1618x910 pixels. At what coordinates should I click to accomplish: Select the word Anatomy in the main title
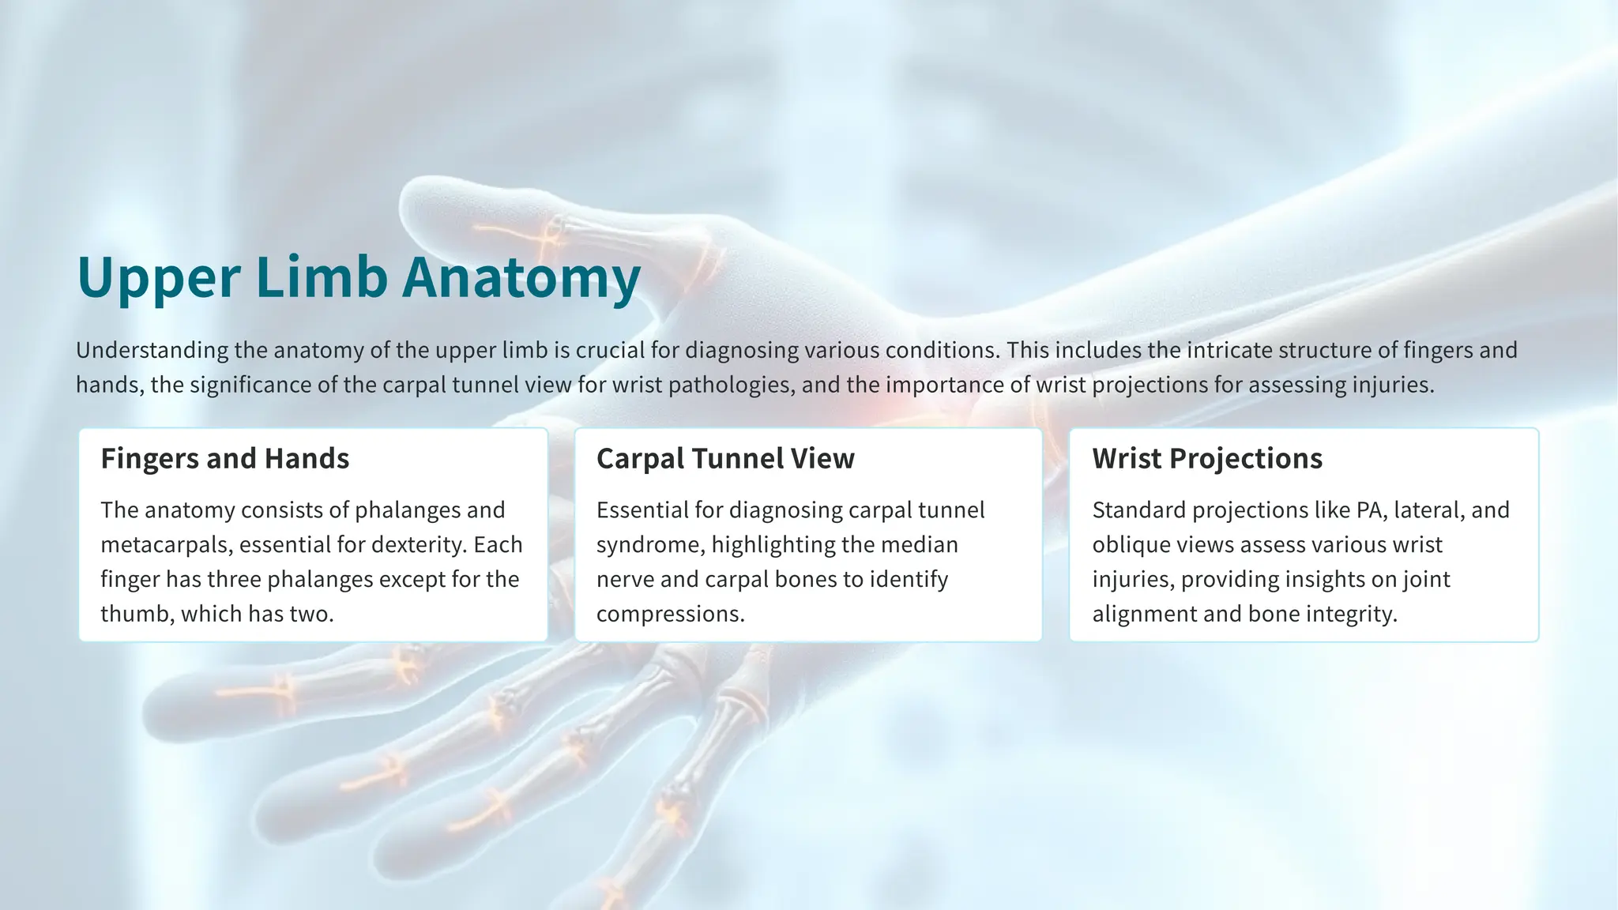pyautogui.click(x=521, y=278)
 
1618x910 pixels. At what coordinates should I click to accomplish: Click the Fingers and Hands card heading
pyautogui.click(x=225, y=458)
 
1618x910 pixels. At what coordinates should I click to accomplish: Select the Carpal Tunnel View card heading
pyautogui.click(x=725, y=458)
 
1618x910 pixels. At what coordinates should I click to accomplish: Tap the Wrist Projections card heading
pyautogui.click(x=1207, y=458)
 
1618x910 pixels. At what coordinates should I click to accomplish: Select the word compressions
pyautogui.click(x=670, y=614)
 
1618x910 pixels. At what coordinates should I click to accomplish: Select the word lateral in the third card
pyautogui.click(x=1428, y=510)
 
